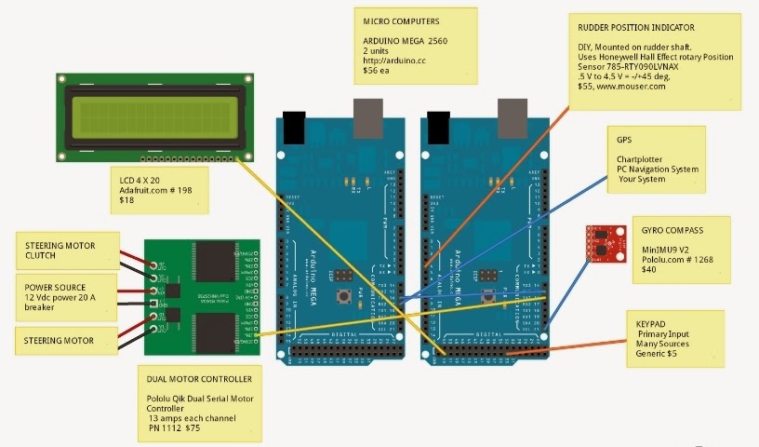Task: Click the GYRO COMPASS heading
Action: coord(673,227)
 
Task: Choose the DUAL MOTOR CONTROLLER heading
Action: coord(199,380)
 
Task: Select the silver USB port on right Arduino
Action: coord(512,116)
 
